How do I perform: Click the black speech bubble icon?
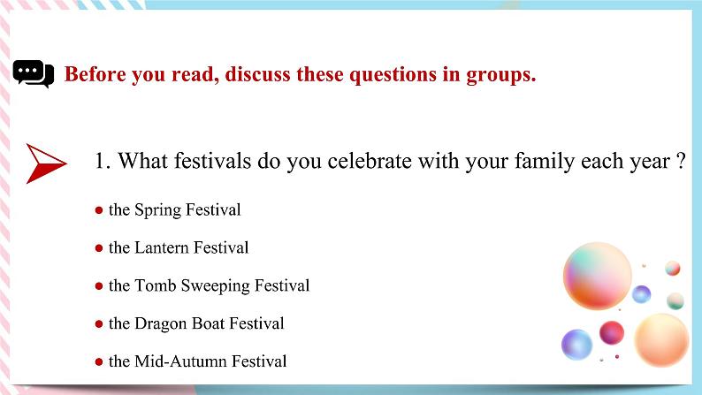click(33, 74)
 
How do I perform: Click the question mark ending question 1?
click(681, 162)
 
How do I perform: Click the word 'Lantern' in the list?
click(161, 247)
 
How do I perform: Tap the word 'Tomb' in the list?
click(156, 285)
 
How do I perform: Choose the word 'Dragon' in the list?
click(160, 323)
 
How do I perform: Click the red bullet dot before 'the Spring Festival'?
click(99, 210)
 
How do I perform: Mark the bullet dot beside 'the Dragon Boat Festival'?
click(99, 324)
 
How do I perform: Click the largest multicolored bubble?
click(598, 275)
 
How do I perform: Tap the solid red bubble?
click(612, 333)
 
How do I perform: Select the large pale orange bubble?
click(661, 340)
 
